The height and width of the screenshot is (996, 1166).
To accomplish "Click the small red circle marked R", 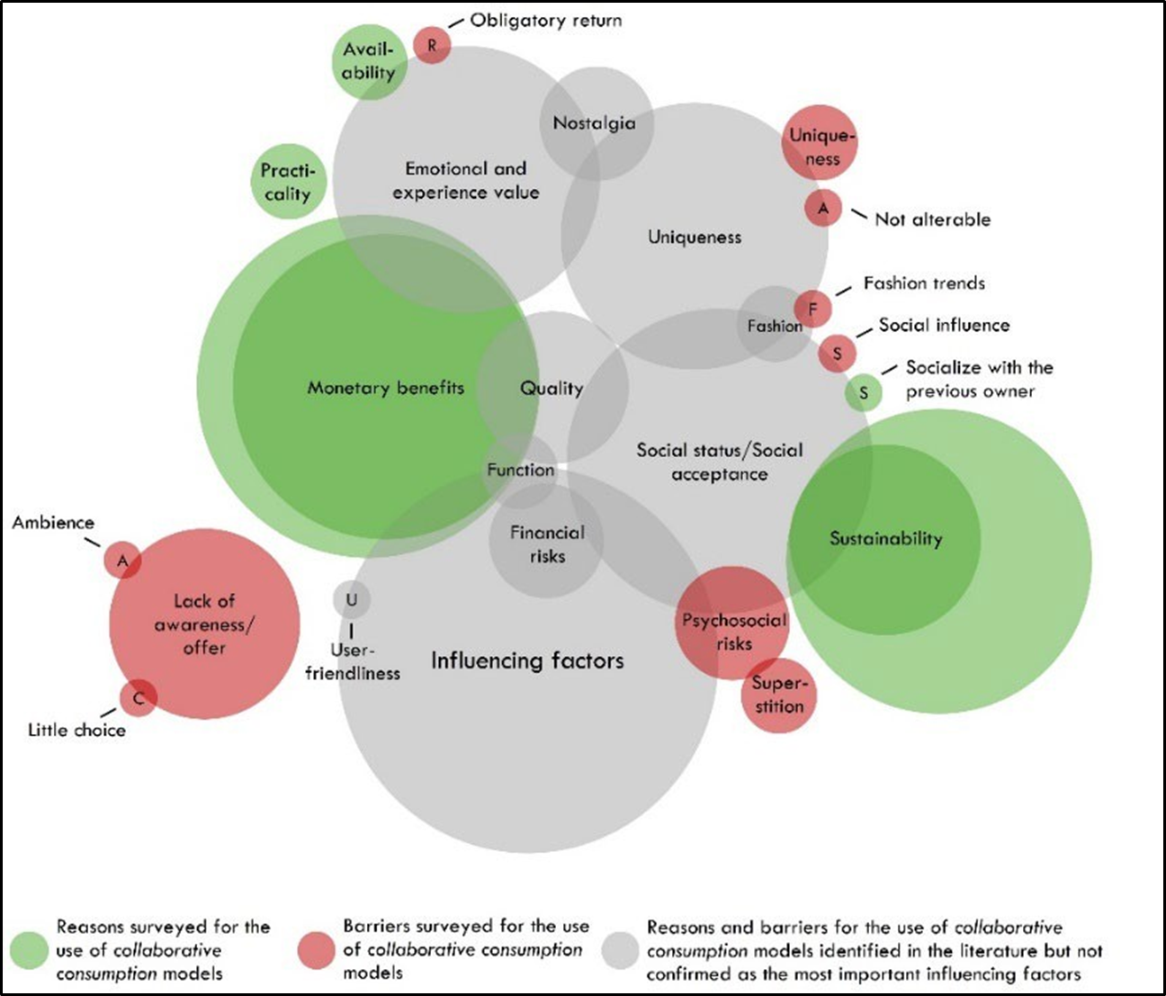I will [x=432, y=45].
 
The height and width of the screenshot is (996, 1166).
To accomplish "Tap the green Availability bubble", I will [x=369, y=61].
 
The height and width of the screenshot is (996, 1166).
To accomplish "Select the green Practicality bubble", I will [x=287, y=182].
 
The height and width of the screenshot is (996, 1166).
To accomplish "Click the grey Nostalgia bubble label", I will [x=595, y=123].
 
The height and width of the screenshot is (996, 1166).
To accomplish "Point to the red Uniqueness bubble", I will [x=819, y=143].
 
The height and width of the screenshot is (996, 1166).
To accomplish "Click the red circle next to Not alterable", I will [x=822, y=208].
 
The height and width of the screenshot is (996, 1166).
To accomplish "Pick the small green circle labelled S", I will [x=864, y=392].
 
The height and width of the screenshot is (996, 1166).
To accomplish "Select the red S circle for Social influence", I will [x=837, y=353].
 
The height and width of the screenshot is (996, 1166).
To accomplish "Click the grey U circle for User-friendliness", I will [x=351, y=599].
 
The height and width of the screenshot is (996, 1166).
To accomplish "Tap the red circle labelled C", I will [x=139, y=697].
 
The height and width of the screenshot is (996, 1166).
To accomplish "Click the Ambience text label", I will [x=53, y=523].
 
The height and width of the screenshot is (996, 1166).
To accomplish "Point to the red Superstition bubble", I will [x=779, y=694].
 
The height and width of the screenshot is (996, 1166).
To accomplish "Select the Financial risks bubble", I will [x=546, y=544].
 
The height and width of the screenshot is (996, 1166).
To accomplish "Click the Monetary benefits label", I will [x=386, y=388].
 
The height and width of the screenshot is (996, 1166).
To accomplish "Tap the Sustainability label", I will [x=885, y=539].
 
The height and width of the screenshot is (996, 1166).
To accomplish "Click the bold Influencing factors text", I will [x=527, y=661].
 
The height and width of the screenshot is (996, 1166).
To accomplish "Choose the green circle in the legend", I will [x=29, y=950].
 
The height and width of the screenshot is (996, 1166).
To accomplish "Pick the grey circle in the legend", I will [x=621, y=950].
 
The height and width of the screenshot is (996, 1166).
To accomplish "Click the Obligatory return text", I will [x=545, y=20].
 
